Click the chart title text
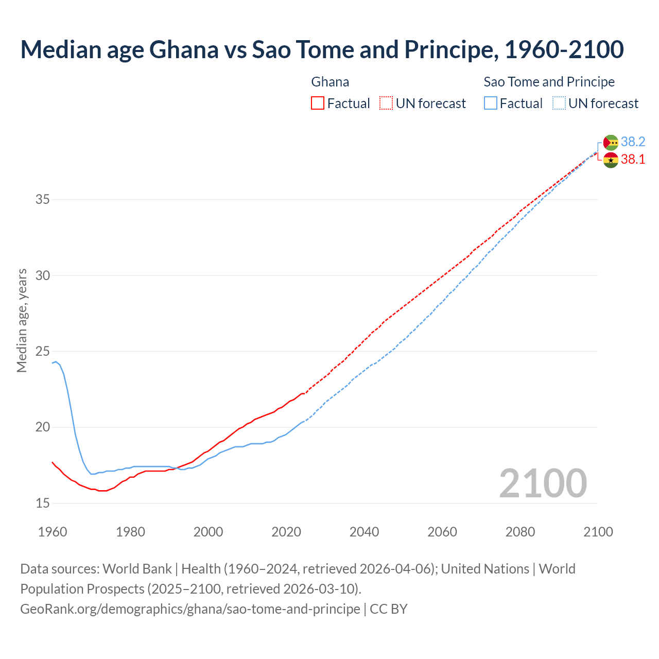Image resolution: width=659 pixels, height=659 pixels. [x=322, y=49]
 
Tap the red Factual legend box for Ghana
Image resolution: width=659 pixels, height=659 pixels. [x=318, y=103]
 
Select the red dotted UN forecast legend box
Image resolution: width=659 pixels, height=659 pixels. [x=386, y=103]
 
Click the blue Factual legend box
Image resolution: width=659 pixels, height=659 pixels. [x=491, y=103]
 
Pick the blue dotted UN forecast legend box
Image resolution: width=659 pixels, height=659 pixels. [x=559, y=103]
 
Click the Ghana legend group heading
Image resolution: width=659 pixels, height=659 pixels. [x=330, y=82]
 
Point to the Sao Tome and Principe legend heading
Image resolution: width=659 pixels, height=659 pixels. [x=549, y=82]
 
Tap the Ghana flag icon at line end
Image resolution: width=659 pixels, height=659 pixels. [x=611, y=160]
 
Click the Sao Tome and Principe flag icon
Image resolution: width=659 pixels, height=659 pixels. [x=611, y=143]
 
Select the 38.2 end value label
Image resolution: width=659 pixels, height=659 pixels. [x=633, y=142]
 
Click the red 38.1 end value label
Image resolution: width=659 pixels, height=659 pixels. [x=633, y=160]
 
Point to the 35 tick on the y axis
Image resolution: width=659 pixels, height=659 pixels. [x=42, y=199]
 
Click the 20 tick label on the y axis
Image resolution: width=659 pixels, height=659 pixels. [x=42, y=427]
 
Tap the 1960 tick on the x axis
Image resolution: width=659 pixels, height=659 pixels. [x=53, y=532]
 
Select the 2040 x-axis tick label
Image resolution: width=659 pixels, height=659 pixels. [x=364, y=532]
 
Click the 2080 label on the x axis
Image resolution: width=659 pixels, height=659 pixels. [x=520, y=532]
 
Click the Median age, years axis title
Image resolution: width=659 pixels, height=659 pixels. [x=22, y=320]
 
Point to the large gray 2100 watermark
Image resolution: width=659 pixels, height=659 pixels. [x=543, y=483]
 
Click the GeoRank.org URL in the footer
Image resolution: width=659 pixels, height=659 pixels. [x=190, y=609]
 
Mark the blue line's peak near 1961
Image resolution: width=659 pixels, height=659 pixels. [x=56, y=361]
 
